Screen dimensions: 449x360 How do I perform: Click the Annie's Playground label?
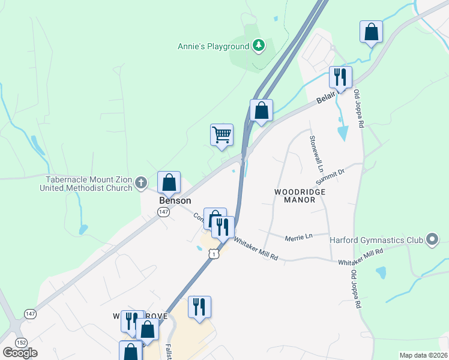213,46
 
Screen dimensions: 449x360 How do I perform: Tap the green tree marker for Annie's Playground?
259,46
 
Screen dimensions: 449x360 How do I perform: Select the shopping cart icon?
221,134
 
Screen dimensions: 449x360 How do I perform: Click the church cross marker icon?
141,182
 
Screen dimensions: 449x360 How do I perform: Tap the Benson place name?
175,200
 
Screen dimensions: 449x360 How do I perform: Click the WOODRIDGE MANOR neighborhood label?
300,196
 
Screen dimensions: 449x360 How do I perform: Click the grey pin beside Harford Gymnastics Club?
432,240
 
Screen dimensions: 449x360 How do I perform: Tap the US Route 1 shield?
214,254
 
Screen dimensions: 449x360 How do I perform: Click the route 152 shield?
22,342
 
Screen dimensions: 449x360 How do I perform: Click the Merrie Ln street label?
300,236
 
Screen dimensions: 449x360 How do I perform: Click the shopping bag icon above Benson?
169,182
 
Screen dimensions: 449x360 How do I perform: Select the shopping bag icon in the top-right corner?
372,31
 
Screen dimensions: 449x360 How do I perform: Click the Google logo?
20,353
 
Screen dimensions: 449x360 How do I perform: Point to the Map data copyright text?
424,355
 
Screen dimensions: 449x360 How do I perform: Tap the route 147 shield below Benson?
163,212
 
